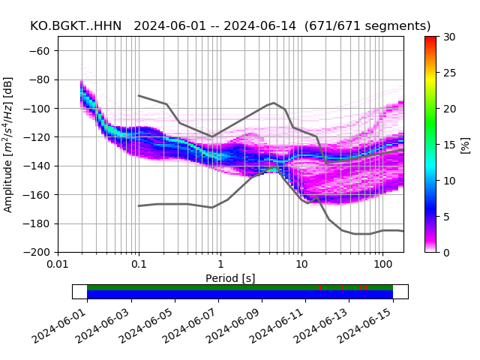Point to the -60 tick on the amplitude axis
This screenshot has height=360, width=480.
[x=44, y=51]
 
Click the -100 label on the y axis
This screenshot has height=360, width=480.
[x=41, y=109]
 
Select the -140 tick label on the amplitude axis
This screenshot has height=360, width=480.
[x=41, y=166]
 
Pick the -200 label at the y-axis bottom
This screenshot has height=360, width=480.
[x=41, y=252]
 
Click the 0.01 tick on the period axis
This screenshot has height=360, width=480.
[x=58, y=265]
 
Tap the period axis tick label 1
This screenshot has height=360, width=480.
[x=220, y=265]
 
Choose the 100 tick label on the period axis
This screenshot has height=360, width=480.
[x=383, y=265]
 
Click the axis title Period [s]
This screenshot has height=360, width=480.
[x=230, y=278]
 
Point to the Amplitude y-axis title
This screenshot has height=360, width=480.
[x=8, y=144]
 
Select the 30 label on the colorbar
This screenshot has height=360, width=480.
[x=448, y=37]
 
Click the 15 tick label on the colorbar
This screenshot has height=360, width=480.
[x=448, y=145]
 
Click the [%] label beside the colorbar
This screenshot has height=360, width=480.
[x=465, y=144]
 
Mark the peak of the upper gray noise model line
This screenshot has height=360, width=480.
[x=274, y=103]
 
